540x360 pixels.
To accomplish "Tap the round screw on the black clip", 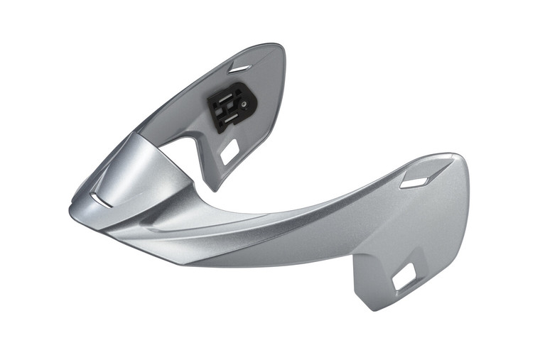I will pyautogui.click(x=245, y=103).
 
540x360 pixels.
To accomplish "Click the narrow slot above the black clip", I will pyautogui.click(x=240, y=69).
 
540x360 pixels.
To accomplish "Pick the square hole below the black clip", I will pyautogui.click(x=229, y=150).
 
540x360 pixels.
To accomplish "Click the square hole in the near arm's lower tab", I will pyautogui.click(x=404, y=278).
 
